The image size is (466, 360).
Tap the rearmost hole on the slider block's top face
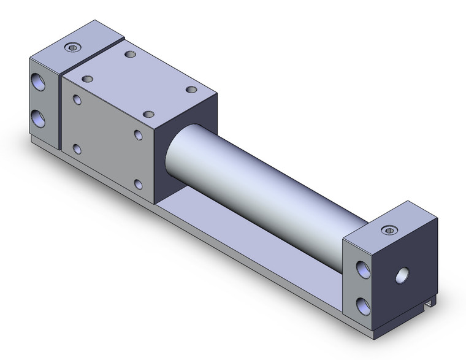tap(129, 55)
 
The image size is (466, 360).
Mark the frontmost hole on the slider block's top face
tap(148, 114)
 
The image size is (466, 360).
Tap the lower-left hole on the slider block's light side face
tap(77, 148)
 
